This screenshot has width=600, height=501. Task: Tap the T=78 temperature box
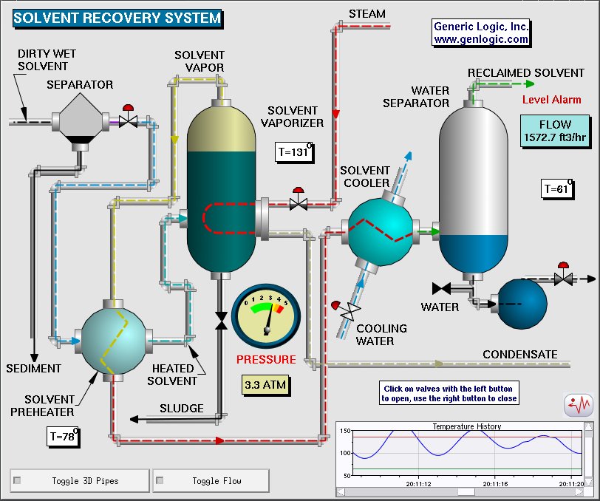[61, 436]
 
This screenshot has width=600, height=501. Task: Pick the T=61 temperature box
[559, 188]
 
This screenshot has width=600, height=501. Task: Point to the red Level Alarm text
[552, 100]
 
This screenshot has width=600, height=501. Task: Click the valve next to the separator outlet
[129, 120]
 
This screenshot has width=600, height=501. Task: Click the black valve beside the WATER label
[442, 288]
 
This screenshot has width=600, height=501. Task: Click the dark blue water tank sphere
[522, 302]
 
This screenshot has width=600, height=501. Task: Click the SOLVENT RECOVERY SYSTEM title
[117, 18]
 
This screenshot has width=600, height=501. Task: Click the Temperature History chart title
[466, 426]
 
